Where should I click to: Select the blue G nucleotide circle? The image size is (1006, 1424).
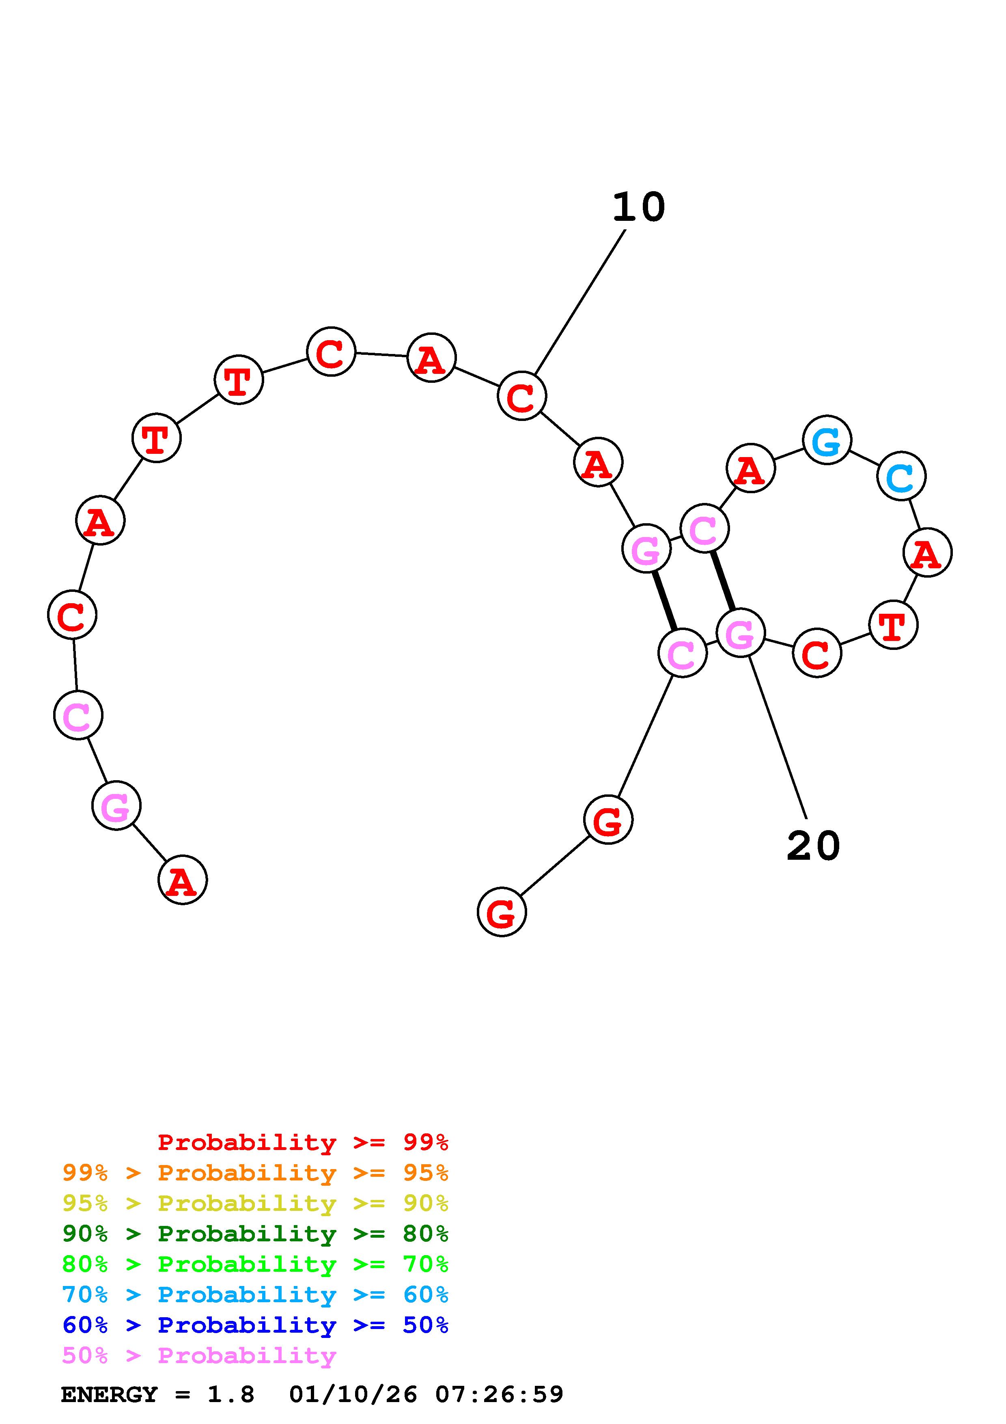[827, 440]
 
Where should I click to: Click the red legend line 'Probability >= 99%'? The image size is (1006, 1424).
[302, 1142]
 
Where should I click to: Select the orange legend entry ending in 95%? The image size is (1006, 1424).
[255, 1173]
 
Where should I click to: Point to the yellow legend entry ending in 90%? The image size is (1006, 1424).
[255, 1203]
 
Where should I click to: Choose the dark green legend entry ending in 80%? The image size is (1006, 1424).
[255, 1234]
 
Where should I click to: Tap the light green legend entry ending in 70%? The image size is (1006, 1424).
[255, 1264]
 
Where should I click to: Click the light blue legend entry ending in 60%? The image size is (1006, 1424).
[255, 1295]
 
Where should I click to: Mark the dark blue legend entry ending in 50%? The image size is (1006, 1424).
[255, 1325]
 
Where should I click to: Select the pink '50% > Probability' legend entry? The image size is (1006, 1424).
[199, 1355]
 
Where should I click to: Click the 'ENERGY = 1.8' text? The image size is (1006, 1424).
[157, 1394]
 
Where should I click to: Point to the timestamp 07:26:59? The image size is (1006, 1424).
[499, 1394]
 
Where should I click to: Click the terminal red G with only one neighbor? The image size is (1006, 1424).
[502, 912]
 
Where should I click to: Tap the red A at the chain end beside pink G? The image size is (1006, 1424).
[182, 880]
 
